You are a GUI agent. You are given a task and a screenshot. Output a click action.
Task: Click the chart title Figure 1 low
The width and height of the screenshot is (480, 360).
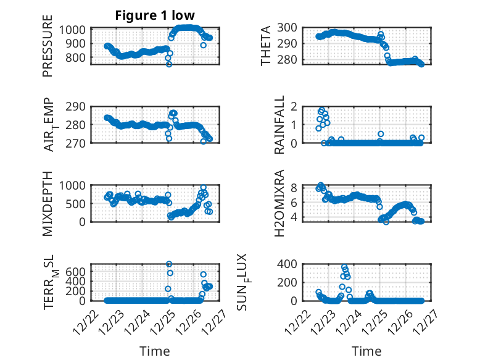155,16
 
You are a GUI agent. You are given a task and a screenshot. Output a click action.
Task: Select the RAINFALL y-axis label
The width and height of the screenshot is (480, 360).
279,125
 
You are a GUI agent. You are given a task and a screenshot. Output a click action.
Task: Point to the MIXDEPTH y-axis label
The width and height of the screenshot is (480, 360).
48,203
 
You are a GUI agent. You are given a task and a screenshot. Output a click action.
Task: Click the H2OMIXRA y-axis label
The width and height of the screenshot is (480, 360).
279,203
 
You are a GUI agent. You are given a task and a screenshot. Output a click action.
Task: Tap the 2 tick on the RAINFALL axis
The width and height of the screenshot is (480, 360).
294,106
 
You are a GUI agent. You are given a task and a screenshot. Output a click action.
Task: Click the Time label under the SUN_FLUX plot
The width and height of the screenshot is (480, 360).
366,351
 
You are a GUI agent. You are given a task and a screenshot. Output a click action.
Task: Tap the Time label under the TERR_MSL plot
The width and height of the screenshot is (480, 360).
155,351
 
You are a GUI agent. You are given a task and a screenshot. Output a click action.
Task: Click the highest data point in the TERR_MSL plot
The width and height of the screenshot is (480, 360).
169,264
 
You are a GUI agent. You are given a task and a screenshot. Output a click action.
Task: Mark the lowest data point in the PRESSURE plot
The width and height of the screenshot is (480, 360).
169,64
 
